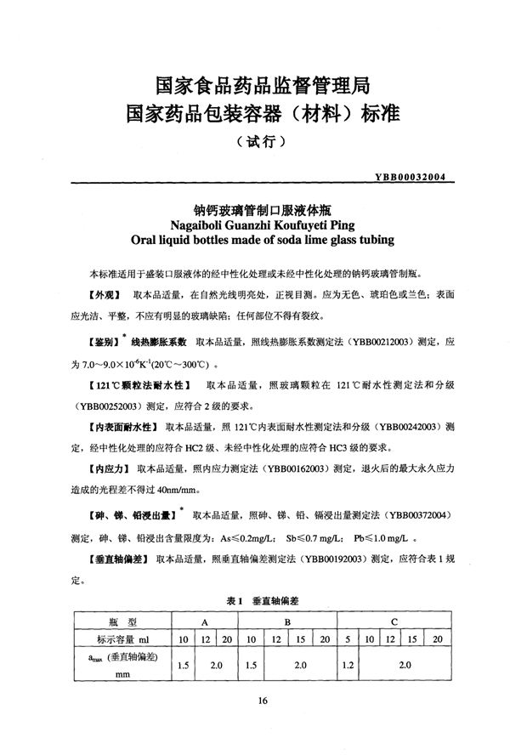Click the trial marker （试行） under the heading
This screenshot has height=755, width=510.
(255, 142)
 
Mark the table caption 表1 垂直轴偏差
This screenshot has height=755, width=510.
(254, 600)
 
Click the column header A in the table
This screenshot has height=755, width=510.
(205, 622)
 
